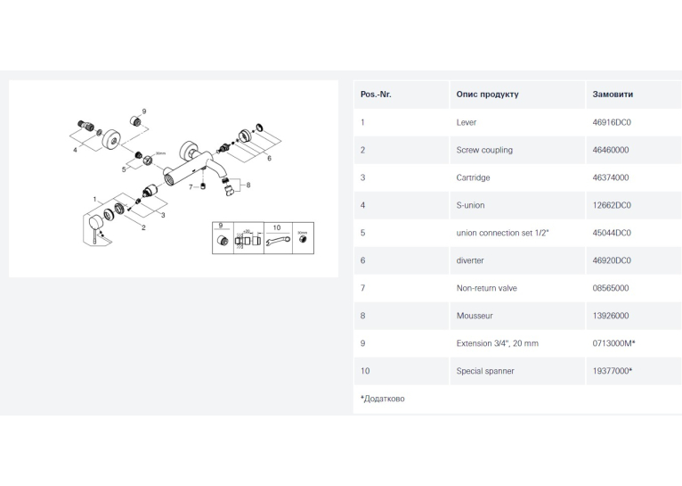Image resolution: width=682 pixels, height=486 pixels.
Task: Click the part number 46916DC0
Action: coord(611,122)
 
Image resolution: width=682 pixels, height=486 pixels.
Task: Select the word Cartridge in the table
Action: coord(473,177)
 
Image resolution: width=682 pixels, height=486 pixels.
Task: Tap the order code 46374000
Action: coord(610,177)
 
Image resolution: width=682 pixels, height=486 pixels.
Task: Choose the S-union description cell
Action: coord(470,205)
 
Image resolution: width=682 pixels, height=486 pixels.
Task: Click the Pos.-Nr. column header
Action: coord(376,94)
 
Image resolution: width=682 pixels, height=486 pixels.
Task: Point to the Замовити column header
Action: coord(613,94)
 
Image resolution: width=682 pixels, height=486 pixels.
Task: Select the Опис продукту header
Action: coord(487,94)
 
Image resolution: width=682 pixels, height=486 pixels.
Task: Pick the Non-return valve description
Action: coord(486,288)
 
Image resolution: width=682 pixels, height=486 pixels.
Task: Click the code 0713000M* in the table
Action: coord(613,343)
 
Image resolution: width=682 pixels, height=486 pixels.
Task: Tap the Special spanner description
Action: coord(485,371)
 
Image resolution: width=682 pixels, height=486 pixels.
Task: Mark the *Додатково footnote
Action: coord(382,399)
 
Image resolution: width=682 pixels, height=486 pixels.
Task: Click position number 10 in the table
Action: coord(365,371)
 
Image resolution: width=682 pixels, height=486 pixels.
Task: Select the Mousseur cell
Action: coord(475,316)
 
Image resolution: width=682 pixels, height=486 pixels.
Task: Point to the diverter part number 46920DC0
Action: coord(612,260)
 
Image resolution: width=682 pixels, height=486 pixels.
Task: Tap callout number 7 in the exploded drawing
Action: coord(191,187)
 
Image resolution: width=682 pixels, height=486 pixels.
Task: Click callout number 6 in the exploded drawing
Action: coord(269,158)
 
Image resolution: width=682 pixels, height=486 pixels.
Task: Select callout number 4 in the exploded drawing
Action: coord(75,150)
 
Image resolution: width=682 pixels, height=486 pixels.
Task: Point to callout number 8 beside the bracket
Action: coord(248,185)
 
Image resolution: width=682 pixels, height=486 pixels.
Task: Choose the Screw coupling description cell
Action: coord(484,150)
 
